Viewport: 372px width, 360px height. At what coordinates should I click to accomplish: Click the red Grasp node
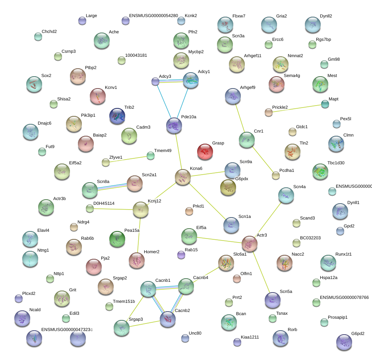click(x=205, y=152)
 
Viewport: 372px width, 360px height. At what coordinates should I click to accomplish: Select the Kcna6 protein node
click(x=183, y=177)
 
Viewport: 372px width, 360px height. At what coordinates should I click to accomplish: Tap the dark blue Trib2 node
click(x=117, y=116)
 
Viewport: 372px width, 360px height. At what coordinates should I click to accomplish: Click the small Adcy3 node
click(x=155, y=82)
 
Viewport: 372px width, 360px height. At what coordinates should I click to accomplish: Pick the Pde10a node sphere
click(x=174, y=125)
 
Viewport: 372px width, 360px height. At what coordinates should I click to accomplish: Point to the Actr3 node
click(x=250, y=244)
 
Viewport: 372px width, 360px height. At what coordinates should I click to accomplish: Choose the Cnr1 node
click(x=247, y=140)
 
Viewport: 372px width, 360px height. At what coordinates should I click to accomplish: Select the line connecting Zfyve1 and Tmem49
click(x=128, y=159)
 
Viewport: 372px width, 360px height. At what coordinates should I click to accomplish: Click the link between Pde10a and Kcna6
click(x=178, y=151)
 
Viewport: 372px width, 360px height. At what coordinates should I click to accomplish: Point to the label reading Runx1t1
click(x=343, y=254)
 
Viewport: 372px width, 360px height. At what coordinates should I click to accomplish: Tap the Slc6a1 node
click(x=226, y=263)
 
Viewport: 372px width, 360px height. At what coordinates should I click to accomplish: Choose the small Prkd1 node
click(x=189, y=211)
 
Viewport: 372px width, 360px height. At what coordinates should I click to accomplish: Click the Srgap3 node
click(x=122, y=327)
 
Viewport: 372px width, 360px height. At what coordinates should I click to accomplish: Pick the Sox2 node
click(x=34, y=84)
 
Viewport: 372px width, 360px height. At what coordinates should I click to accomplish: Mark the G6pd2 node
click(x=344, y=342)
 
